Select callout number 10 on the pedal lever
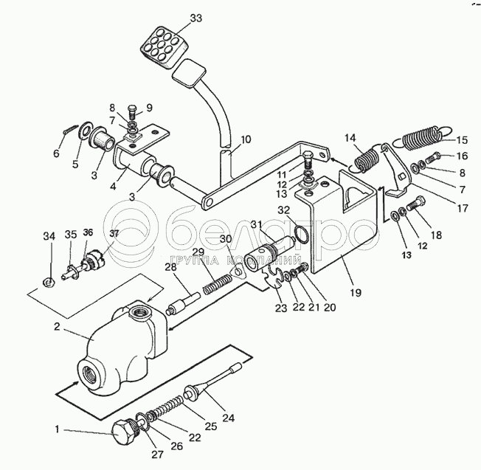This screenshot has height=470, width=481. click(x=246, y=139)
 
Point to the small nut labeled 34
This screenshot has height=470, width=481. click(x=47, y=280)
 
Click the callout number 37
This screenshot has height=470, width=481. click(x=114, y=234)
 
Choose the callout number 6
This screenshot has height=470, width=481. click(x=55, y=153)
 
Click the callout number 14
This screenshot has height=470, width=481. click(x=349, y=137)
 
